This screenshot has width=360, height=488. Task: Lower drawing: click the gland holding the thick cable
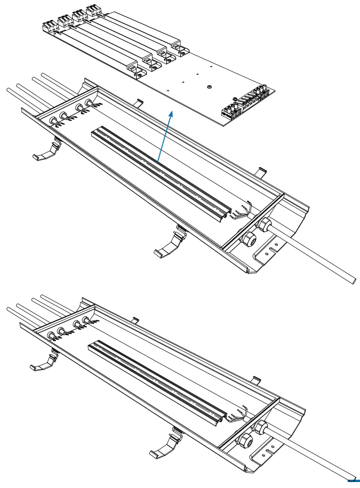[260, 427]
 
